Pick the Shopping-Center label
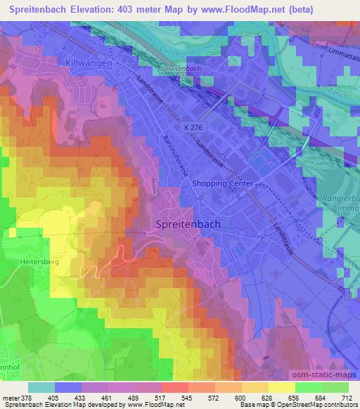tap(221, 183)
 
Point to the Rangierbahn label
tap(342, 198)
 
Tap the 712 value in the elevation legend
tap(347, 398)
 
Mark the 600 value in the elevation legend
tap(241, 398)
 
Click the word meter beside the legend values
tap(9, 398)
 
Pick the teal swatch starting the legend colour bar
tap(42, 387)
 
